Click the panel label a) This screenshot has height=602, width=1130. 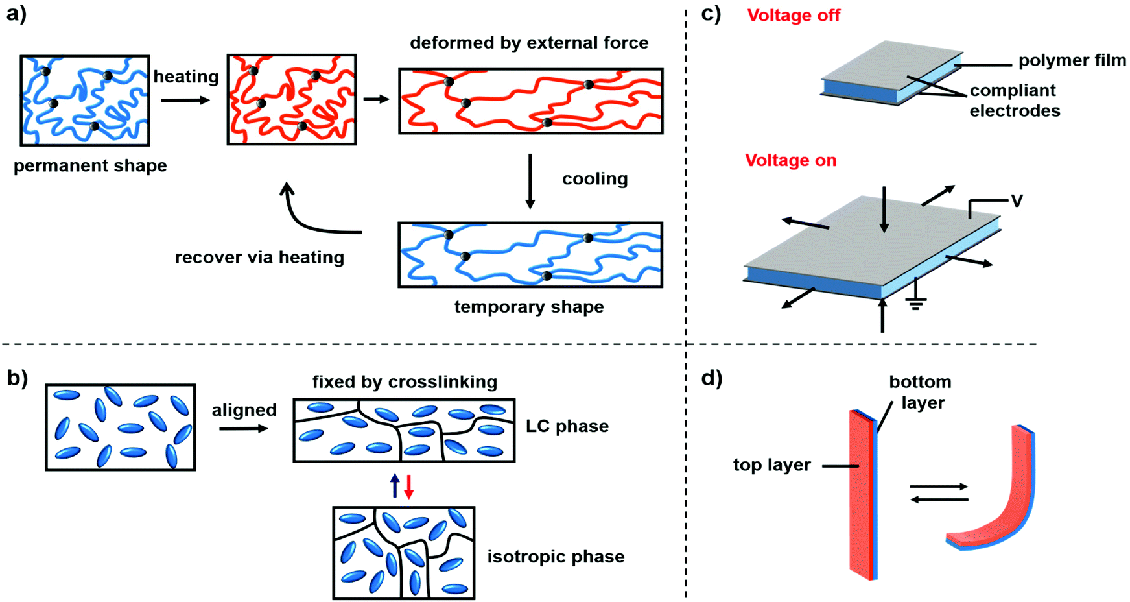point(16,14)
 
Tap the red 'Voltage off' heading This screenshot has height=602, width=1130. point(793,16)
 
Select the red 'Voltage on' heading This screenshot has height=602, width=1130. point(790,160)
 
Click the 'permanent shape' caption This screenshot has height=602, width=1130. point(90,166)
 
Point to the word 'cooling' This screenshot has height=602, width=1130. point(594,179)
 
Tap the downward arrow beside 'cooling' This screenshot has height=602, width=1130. point(530,181)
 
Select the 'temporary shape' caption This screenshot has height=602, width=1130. point(528,307)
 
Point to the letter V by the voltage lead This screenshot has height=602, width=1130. point(1017,201)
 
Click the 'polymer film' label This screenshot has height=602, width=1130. point(1072,61)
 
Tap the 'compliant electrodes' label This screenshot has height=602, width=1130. point(1015,101)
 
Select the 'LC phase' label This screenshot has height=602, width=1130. point(567,426)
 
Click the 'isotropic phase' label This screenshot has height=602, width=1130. point(556,557)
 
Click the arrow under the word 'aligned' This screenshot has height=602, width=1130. point(243,428)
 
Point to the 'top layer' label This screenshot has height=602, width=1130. point(771,465)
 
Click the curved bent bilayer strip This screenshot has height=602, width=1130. point(1002,506)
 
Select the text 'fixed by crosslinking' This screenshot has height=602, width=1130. point(405,382)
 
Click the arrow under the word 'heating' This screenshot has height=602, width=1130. point(185,100)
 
